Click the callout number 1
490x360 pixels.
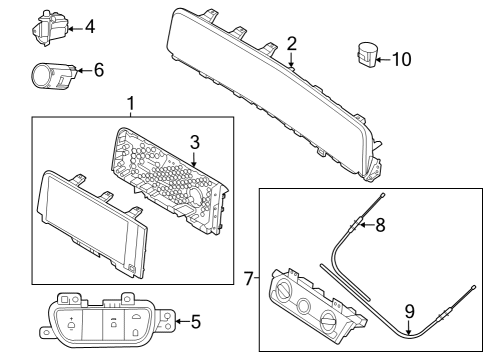pos(129,103)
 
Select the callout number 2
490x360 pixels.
pos(291,43)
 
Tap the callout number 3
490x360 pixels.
pos(196,141)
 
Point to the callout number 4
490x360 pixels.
pos(89,25)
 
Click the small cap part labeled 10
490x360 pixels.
pos(366,55)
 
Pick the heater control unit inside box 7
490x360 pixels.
pos(310,305)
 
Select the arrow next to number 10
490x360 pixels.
pos(383,59)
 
